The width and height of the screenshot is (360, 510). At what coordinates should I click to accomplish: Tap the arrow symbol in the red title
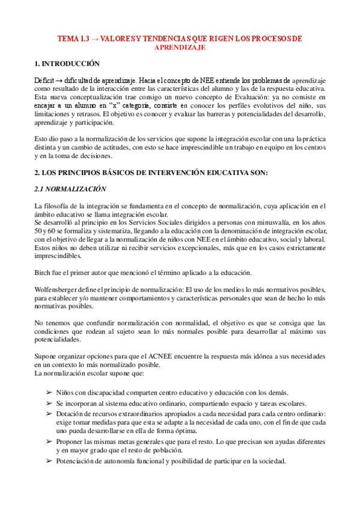coord(94,38)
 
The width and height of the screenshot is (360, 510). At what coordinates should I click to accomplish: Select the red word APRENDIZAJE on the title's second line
coord(180,46)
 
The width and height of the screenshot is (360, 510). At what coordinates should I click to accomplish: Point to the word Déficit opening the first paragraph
coord(46,79)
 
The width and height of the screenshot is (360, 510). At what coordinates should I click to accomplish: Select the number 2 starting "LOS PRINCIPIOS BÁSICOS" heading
coord(37,173)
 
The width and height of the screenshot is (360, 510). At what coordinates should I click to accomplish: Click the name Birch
coord(44,273)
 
